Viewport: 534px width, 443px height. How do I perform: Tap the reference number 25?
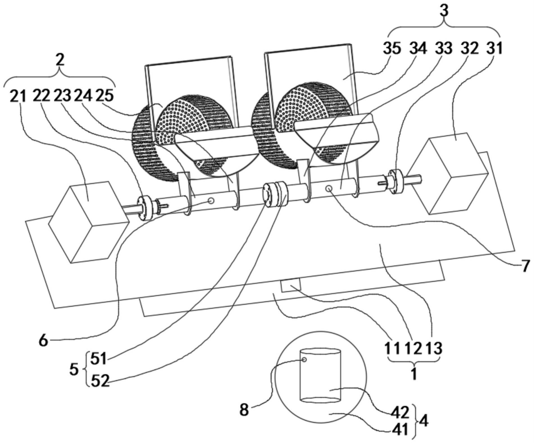[104, 96]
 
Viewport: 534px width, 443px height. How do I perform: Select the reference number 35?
[392, 48]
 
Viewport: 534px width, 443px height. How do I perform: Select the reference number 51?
[99, 359]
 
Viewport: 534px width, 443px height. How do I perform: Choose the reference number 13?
[434, 348]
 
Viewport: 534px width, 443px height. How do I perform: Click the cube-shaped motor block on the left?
[88, 222]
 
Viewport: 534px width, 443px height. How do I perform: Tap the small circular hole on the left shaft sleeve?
[211, 200]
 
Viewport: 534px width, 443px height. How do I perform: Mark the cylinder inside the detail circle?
[321, 376]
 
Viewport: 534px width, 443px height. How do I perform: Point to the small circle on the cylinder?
[304, 360]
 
